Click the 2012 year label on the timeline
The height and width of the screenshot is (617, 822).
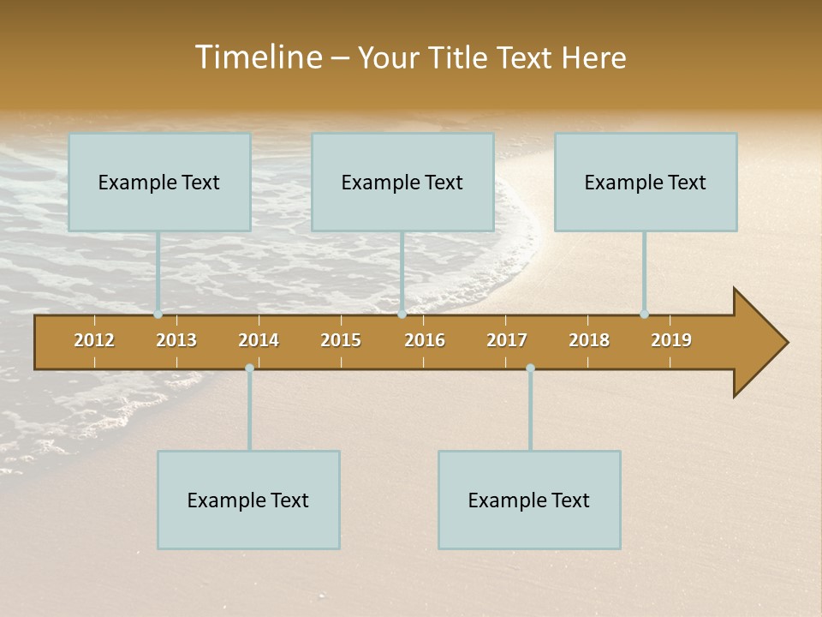click(94, 340)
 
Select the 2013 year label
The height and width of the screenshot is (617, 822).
click(176, 340)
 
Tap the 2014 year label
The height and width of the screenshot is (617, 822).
click(259, 340)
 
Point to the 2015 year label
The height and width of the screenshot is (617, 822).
click(341, 340)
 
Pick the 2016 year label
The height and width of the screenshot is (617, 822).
click(425, 340)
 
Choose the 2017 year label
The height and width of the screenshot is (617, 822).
click(507, 340)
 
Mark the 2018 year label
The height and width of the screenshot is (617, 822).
click(589, 340)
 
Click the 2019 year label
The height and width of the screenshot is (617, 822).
click(671, 340)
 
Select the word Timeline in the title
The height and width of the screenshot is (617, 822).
click(257, 57)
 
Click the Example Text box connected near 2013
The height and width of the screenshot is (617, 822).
click(159, 182)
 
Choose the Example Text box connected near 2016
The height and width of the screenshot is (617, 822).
click(402, 182)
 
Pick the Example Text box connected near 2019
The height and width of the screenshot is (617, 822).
click(646, 182)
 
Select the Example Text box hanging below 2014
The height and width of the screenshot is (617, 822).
click(248, 500)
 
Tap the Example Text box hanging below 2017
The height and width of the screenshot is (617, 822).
click(529, 500)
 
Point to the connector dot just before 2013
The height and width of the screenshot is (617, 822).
click(158, 314)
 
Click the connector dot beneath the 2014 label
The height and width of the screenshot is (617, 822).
click(249, 368)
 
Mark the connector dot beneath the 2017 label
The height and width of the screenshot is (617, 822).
click(530, 368)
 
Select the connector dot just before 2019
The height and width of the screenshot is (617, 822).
click(644, 314)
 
